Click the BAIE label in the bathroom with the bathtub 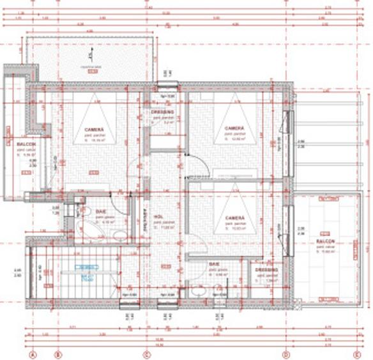pyautogui.click(x=101, y=211)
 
